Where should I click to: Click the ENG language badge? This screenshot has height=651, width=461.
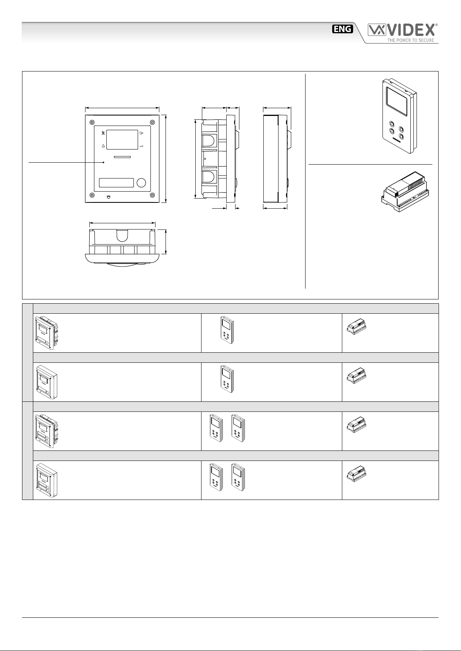tap(342, 29)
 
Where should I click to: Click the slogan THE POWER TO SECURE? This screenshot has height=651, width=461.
tap(410, 40)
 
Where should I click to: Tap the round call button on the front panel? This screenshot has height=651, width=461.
tap(141, 182)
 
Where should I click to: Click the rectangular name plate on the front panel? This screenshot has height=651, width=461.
tap(116, 182)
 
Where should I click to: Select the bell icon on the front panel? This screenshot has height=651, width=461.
tap(103, 146)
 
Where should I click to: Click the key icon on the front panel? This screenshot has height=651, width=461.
tap(141, 146)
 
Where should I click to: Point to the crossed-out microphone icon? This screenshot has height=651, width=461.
tap(103, 133)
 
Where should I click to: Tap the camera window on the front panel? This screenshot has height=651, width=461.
tap(122, 139)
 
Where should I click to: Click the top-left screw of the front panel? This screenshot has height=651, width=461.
tap(92, 122)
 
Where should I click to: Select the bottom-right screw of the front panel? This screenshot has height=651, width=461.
tap(152, 195)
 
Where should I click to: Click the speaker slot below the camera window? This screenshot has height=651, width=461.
tap(122, 157)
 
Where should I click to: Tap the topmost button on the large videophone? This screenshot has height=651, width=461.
tap(392, 124)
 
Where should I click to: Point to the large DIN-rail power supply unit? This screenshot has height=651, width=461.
tap(405, 191)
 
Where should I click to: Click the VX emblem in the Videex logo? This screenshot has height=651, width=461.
tap(377, 30)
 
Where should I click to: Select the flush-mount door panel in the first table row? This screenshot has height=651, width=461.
tap(46, 333)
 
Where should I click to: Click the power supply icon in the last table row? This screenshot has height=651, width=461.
tap(356, 474)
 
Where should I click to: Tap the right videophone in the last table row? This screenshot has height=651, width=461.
tap(238, 477)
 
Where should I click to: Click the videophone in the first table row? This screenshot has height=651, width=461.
tap(227, 330)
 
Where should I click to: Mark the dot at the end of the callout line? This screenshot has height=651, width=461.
tap(104, 162)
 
